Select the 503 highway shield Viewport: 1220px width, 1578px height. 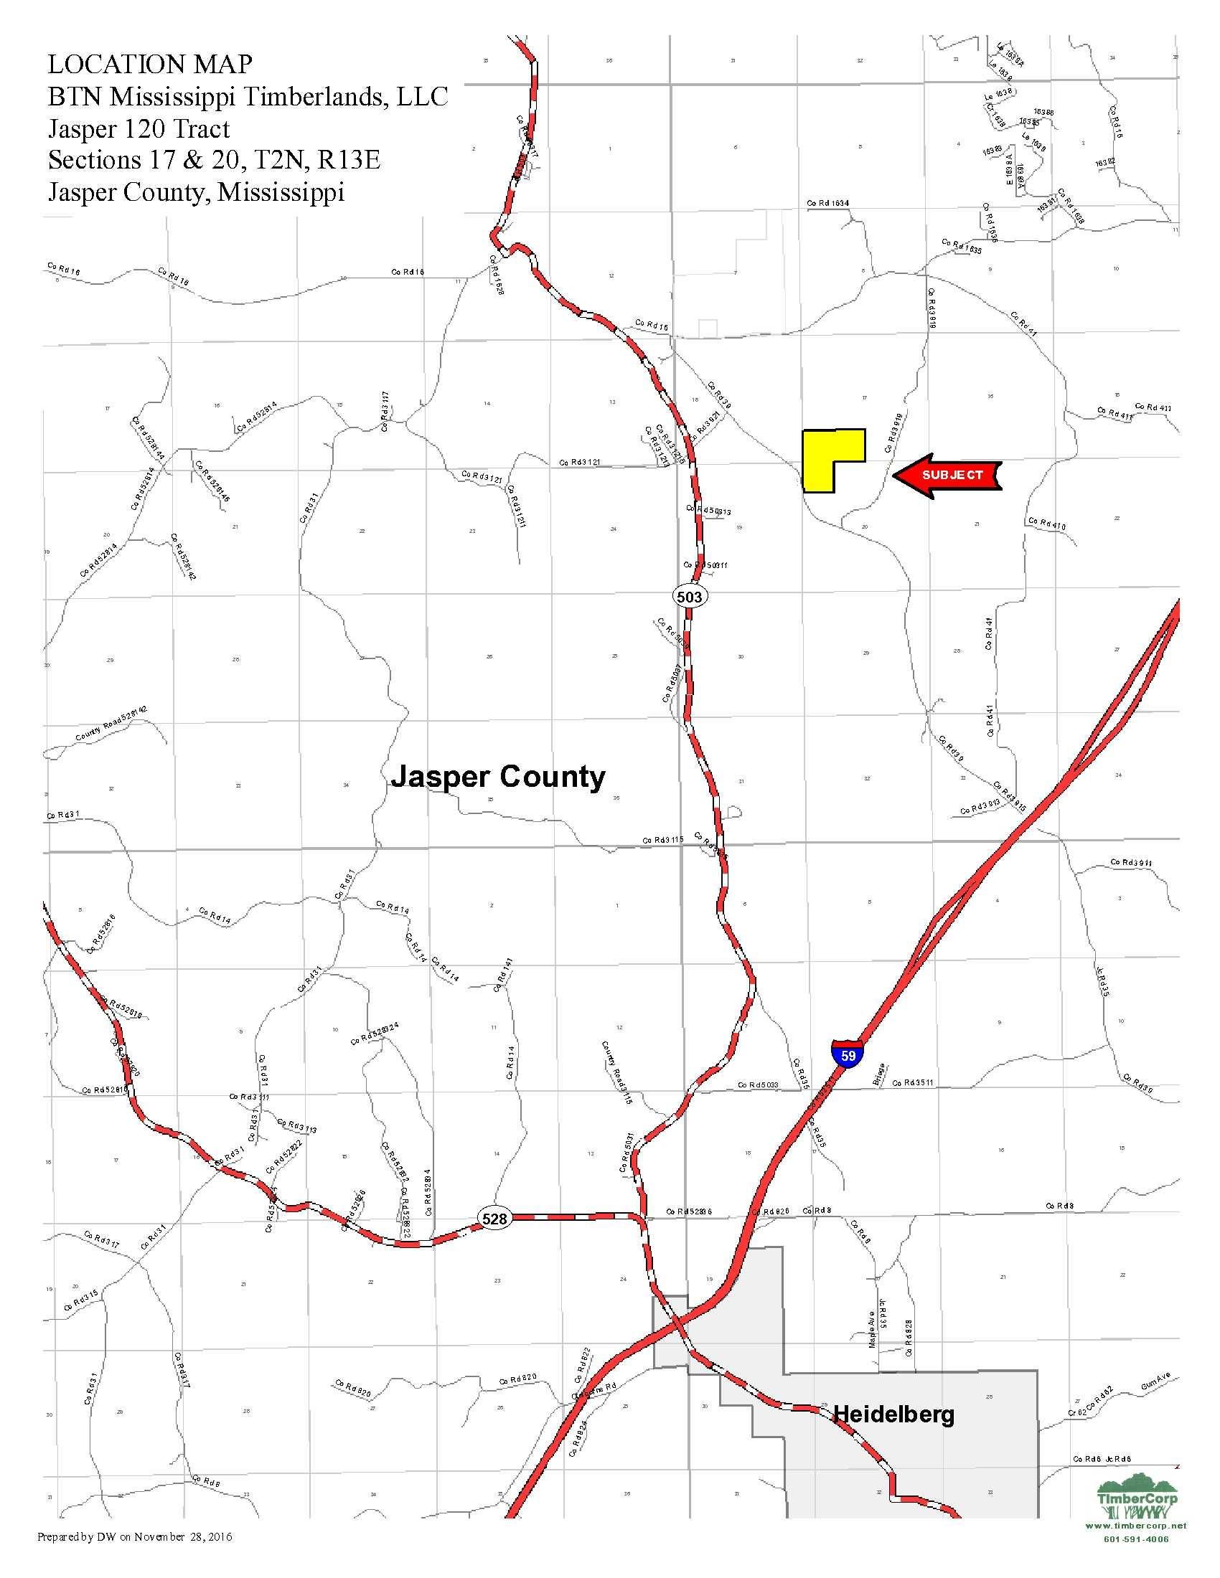pos(689,596)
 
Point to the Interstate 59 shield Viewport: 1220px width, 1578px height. pos(848,1054)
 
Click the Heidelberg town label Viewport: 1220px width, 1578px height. pos(894,1414)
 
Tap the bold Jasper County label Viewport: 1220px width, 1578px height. pos(498,778)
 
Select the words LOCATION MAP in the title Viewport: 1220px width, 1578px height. pos(150,65)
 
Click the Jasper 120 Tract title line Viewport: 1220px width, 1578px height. pos(139,128)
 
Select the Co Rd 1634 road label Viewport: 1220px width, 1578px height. pos(827,204)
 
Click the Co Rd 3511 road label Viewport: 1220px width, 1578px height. pos(913,1082)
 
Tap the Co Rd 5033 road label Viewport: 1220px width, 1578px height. pos(757,1085)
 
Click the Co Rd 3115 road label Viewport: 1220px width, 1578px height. pos(663,841)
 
